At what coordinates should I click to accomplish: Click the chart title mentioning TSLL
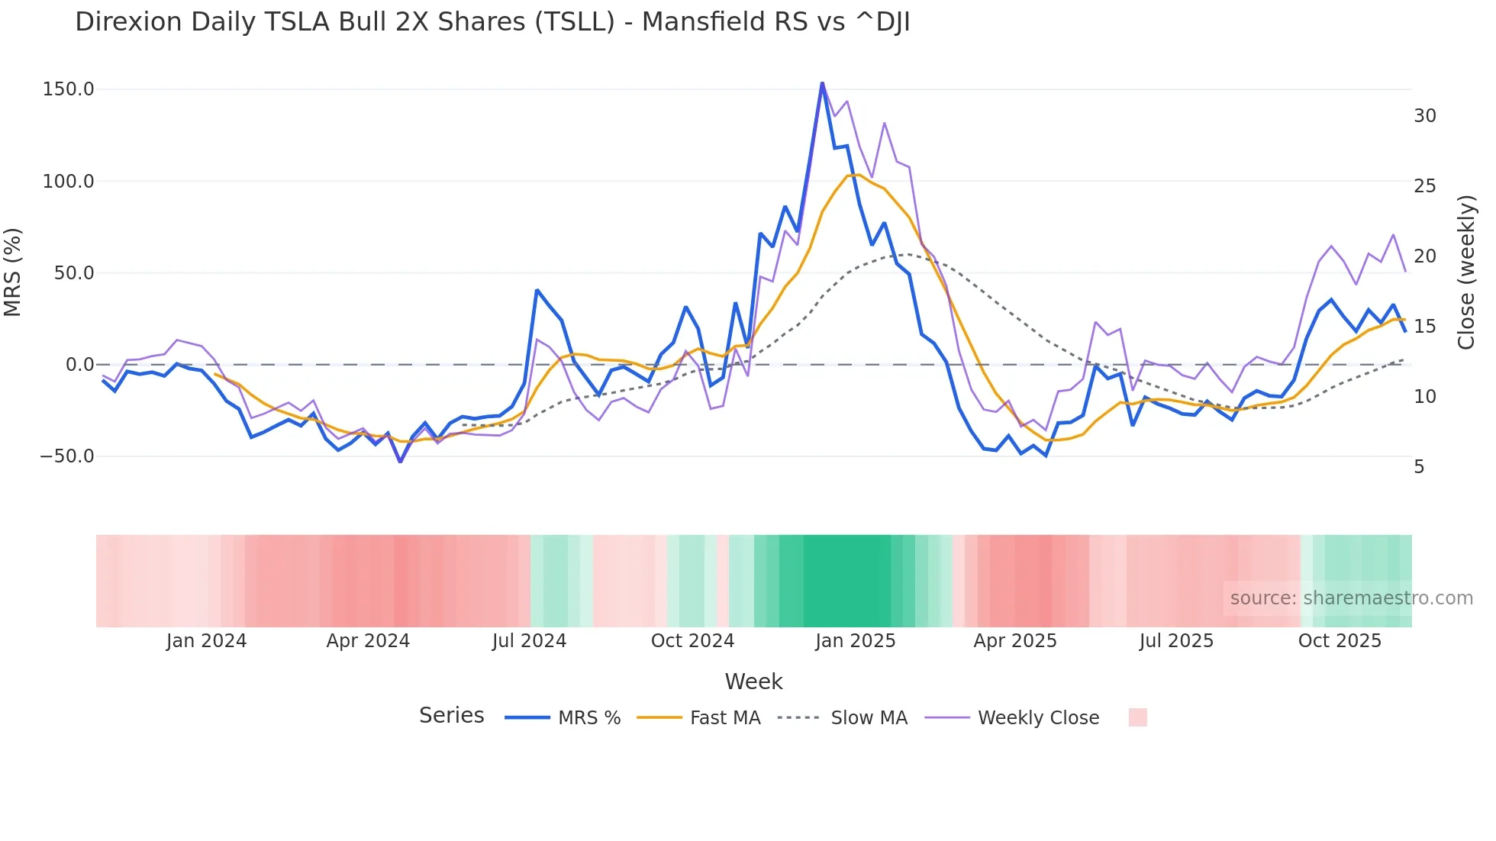point(492,22)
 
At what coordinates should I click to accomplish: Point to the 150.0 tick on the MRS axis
point(69,89)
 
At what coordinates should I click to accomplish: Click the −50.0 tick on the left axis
point(67,456)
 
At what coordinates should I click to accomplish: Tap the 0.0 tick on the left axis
point(79,365)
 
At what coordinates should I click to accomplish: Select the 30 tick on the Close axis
point(1425,116)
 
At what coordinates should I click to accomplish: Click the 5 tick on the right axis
point(1419,467)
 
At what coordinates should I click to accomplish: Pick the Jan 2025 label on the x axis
point(855,641)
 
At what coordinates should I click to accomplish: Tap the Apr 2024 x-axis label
point(368,641)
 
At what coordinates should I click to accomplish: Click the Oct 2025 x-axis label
point(1340,641)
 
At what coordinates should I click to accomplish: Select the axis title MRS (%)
point(13,272)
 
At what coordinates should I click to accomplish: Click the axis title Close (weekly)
point(1466,272)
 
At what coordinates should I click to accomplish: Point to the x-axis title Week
point(753,681)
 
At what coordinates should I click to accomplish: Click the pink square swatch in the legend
point(1137,717)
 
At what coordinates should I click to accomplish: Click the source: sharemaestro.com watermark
point(1351,598)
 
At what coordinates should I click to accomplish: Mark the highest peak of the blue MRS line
point(822,82)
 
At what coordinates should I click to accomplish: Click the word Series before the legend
point(451,716)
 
